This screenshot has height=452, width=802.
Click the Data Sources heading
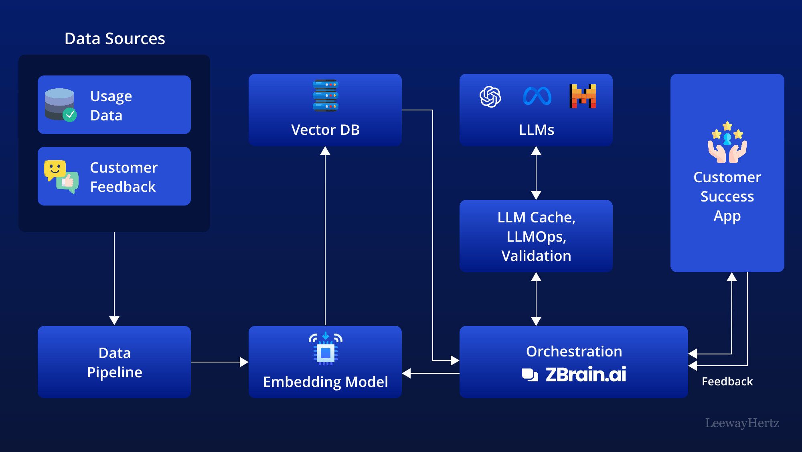[x=115, y=39]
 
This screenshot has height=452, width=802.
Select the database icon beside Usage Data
[x=60, y=104]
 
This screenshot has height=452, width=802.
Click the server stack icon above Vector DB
[x=325, y=96]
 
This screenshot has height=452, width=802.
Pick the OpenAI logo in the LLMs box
[x=490, y=97]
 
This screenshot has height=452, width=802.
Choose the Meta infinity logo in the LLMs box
[x=537, y=97]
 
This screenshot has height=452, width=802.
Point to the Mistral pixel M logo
[x=583, y=96]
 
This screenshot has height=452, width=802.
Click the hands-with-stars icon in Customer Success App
[x=727, y=143]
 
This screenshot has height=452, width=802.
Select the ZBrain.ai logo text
[x=585, y=375]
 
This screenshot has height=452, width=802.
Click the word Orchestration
[x=574, y=352]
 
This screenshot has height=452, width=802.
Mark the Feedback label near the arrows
[x=727, y=381]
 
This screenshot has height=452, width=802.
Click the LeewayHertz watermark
[x=742, y=423]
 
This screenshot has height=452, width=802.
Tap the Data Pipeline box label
[x=115, y=362]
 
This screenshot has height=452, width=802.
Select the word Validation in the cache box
[x=536, y=256]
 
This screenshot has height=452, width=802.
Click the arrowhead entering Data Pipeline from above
[x=114, y=320]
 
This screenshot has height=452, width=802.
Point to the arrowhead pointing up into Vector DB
[x=325, y=151]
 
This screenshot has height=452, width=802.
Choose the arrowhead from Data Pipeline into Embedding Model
[x=244, y=362]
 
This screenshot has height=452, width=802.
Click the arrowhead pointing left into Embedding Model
[x=407, y=373]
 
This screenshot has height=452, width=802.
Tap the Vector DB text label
[x=325, y=130]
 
